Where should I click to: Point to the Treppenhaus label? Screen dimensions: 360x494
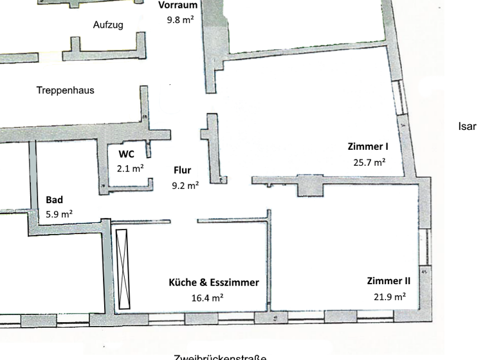(x=65, y=91)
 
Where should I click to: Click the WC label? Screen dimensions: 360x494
(x=126, y=154)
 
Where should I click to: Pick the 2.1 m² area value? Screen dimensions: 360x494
(x=130, y=168)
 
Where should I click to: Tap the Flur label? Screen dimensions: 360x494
(x=183, y=171)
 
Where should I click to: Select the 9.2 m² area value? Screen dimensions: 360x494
(x=185, y=186)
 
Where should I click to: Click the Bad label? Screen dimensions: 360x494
(x=55, y=200)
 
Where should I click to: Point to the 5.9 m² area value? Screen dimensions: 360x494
(x=59, y=214)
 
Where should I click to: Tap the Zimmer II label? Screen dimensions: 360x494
(x=389, y=281)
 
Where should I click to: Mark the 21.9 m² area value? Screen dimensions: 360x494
(x=389, y=296)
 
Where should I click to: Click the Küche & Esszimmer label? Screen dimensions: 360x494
(x=214, y=282)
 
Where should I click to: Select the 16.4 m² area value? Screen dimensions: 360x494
(x=207, y=298)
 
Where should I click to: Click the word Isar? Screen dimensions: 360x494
(x=467, y=127)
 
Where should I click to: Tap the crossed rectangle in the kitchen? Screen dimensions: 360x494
(x=123, y=269)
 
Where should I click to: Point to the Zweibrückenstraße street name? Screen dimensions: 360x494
(x=219, y=356)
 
